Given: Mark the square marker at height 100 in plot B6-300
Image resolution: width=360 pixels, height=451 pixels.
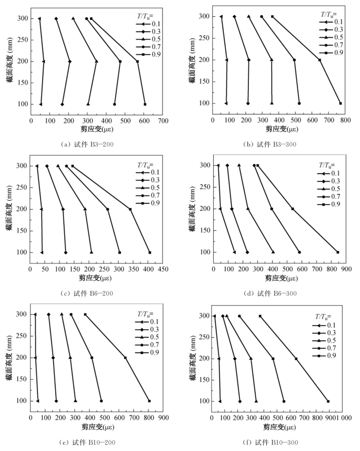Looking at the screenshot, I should pyautogui.click(x=338, y=252).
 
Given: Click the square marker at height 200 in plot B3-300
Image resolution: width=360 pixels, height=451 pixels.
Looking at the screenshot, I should pyautogui.click(x=319, y=60).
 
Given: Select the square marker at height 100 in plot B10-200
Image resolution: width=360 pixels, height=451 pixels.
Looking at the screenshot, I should pyautogui.click(x=149, y=401).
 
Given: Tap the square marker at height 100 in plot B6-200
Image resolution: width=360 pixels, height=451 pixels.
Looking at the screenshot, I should pyautogui.click(x=150, y=252).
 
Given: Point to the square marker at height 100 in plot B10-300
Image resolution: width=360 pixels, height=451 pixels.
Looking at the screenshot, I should pyautogui.click(x=328, y=401).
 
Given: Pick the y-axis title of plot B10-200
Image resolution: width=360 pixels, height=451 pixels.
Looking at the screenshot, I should pyautogui.click(x=8, y=358).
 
